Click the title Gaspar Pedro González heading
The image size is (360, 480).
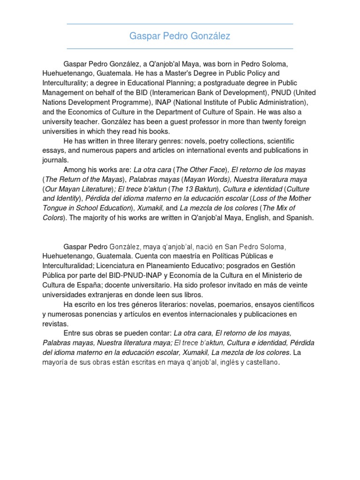(x=180, y=36)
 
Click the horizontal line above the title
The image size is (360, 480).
(x=180, y=24)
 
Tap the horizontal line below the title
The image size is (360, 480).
(x=180, y=48)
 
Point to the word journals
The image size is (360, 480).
(x=55, y=159)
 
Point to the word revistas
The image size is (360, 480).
(x=55, y=323)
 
